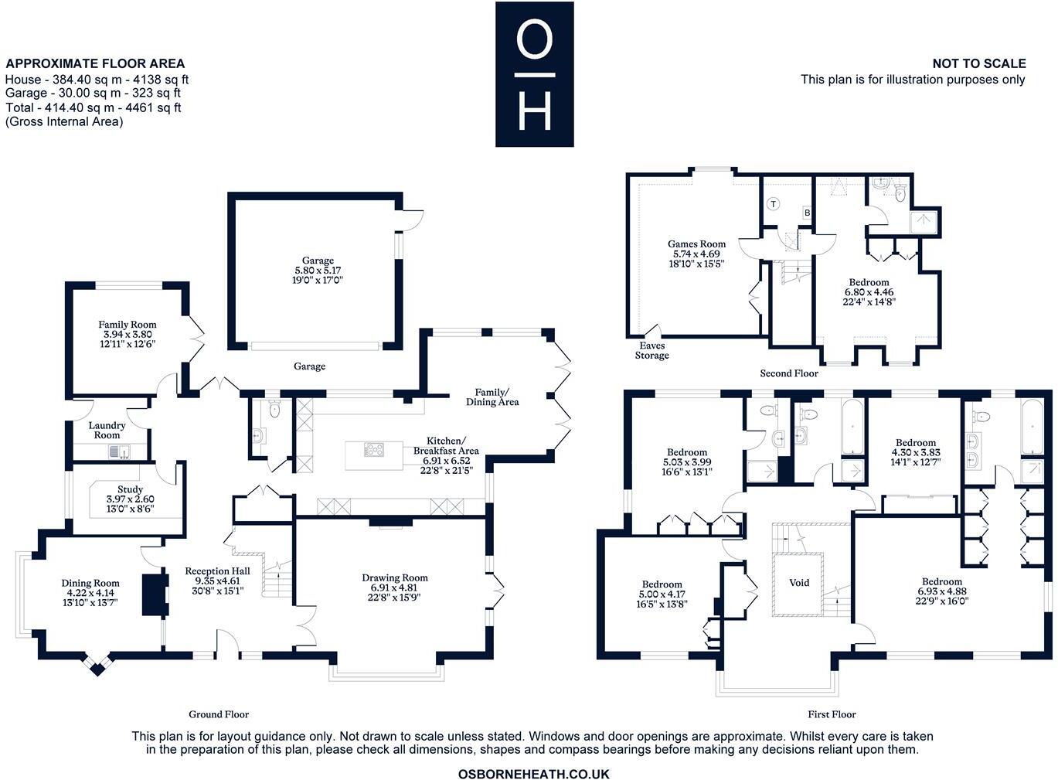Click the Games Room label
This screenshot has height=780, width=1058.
[x=696, y=244]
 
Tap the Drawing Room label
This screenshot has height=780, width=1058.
[x=395, y=577]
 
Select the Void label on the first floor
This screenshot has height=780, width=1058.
[x=799, y=583]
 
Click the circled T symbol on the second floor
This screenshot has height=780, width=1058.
[x=773, y=204]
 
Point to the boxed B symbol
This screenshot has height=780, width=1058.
[x=807, y=213]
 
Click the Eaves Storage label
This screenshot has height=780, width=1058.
[x=651, y=350]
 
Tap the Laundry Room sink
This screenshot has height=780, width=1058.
[x=121, y=452]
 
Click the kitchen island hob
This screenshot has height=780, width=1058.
[x=373, y=449]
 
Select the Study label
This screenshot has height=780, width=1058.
[x=130, y=489]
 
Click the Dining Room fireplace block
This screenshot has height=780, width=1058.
[x=155, y=594]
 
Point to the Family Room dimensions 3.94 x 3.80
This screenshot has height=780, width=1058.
[x=128, y=335]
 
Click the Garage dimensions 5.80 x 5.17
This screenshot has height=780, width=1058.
[x=318, y=271]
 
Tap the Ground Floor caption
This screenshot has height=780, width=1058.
[x=219, y=714]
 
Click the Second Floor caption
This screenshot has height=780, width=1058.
[x=789, y=373]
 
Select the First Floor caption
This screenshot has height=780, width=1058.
[x=832, y=714]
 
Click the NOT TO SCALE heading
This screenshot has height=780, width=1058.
[x=979, y=63]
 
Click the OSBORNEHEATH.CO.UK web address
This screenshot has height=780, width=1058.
[x=534, y=774]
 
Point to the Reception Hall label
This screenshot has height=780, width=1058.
[x=217, y=571]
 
